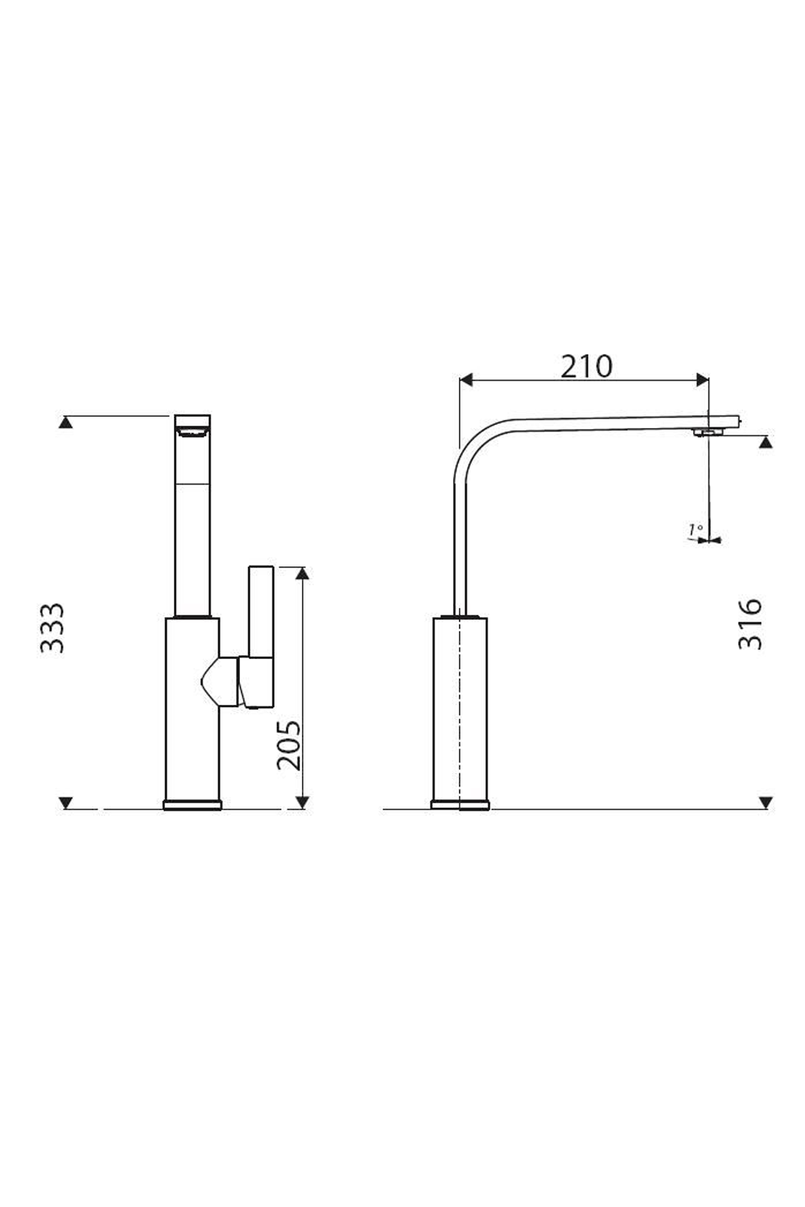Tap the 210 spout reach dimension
click(586, 366)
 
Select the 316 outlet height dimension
click(750, 624)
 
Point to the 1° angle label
click(696, 529)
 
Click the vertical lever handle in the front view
click(261, 612)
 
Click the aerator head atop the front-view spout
click(192, 424)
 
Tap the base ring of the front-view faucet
click(192, 805)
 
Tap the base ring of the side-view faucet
click(460, 804)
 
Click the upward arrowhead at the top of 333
click(67, 422)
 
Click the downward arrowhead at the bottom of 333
click(67, 802)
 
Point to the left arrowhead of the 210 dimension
click(465, 378)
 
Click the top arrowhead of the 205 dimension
click(302, 572)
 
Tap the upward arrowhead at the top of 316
click(766, 441)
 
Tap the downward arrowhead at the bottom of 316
click(766, 802)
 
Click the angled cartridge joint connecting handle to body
click(220, 681)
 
